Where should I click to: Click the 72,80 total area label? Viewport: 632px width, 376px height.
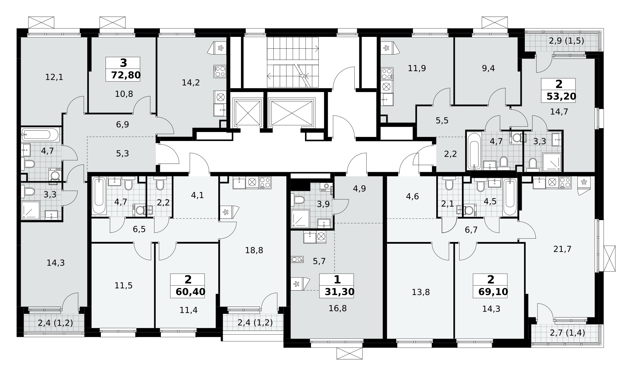pos(126,75)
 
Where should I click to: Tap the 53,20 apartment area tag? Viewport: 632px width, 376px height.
pos(561,96)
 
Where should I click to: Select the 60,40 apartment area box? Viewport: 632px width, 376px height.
pos(190,292)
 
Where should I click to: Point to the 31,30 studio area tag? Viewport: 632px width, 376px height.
pos(339,292)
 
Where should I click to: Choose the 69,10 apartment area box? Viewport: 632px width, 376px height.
pos(492,292)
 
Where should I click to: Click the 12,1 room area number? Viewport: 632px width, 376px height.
pos(54,77)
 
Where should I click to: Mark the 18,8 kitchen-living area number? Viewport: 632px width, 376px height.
pos(254,250)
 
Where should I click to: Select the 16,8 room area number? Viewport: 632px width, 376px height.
pos(338,309)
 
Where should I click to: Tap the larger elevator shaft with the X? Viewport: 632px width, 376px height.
pos(291,113)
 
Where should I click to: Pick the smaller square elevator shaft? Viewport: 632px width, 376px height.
pos(247,113)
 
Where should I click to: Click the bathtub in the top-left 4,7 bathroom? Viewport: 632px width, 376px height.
pos(40,135)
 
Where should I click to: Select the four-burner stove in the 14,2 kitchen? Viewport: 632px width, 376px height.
pos(220,71)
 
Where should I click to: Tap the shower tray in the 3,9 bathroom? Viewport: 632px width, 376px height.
pos(300,218)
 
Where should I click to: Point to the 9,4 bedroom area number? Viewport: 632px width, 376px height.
pos(488,68)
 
